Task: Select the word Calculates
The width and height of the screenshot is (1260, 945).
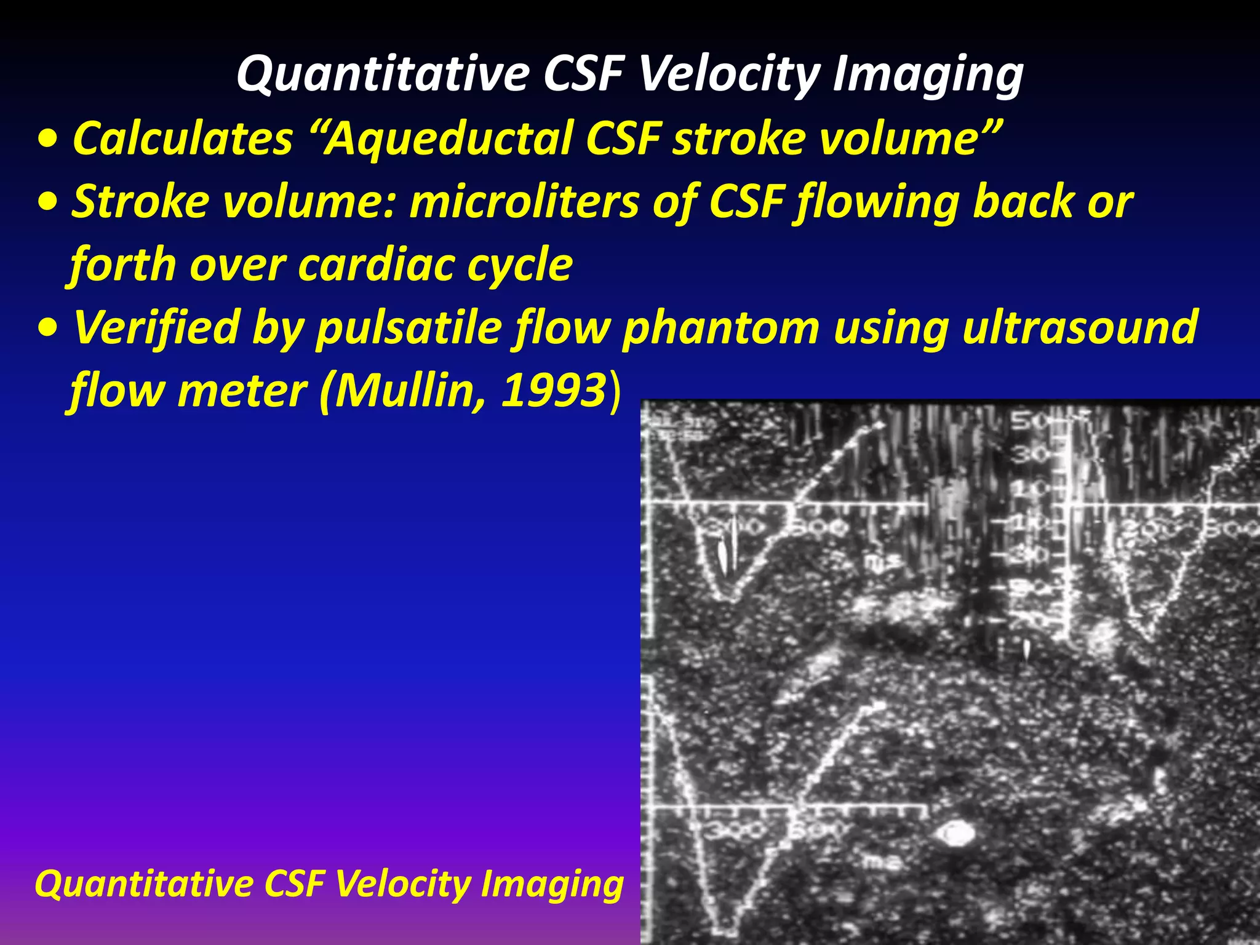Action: [183, 138]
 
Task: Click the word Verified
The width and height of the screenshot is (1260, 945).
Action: [156, 327]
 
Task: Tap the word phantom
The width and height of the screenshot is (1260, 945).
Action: [720, 327]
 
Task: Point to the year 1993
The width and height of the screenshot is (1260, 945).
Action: [553, 391]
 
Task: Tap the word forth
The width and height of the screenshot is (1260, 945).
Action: [122, 265]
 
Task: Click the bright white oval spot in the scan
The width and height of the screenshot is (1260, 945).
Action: [955, 834]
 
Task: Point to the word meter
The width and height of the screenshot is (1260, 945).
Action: [241, 391]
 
